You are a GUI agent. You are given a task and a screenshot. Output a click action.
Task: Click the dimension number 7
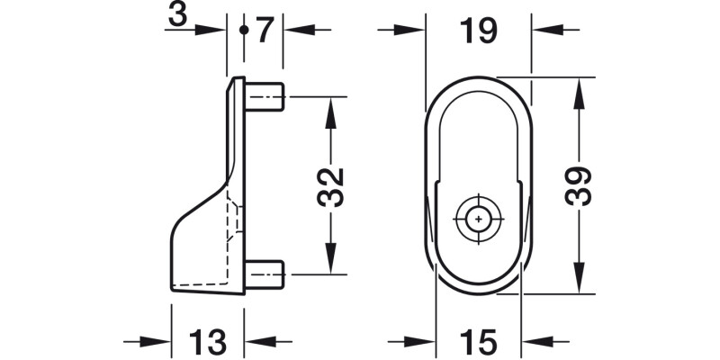tap(263, 30)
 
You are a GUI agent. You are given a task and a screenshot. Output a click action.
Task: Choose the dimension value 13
tap(207, 342)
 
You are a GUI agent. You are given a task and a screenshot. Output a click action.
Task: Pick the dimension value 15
tap(477, 342)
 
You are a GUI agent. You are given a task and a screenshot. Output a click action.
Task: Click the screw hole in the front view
tap(479, 218)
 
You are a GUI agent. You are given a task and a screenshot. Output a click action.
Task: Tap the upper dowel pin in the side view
tap(267, 97)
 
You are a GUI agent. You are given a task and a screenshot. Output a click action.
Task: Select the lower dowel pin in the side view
tap(267, 273)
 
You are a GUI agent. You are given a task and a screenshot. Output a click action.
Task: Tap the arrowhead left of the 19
tap(409, 30)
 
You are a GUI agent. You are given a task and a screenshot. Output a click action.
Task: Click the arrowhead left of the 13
tap(157, 342)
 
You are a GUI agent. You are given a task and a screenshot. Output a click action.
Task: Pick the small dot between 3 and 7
tap(244, 30)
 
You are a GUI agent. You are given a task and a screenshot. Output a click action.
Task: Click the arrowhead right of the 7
tap(298, 30)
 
